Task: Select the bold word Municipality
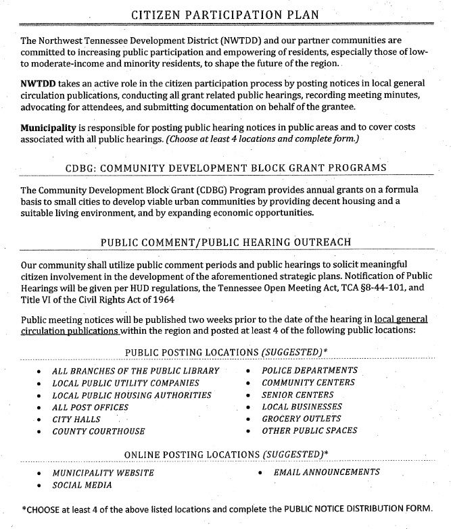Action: [49, 128]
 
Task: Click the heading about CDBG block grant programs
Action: [227, 168]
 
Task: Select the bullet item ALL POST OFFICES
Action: [90, 407]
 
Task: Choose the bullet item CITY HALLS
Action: [78, 420]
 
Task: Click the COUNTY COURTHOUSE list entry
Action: [98, 431]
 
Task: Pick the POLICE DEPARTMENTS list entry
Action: [310, 370]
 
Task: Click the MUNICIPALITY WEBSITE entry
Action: [103, 473]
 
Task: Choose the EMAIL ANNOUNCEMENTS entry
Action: [327, 472]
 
